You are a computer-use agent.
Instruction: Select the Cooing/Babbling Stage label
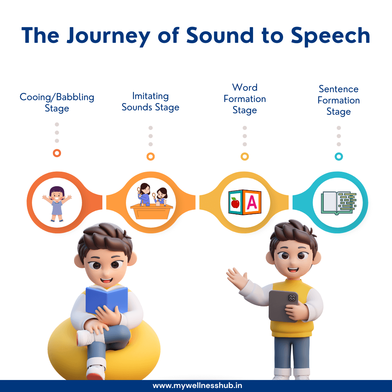coord(57,103)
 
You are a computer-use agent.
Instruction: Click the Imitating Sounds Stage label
coord(150,102)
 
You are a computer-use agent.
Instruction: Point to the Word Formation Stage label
coord(245,99)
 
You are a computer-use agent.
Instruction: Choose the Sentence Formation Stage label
coord(338,100)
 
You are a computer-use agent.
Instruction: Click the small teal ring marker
coord(339,156)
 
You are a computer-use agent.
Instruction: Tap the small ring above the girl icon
coord(57,153)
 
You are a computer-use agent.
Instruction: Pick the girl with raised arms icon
coord(57,203)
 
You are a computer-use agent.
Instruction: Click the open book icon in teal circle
coord(338,203)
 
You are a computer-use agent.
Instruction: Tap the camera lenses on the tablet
coord(292,298)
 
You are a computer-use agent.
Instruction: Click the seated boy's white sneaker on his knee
coord(86,338)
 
